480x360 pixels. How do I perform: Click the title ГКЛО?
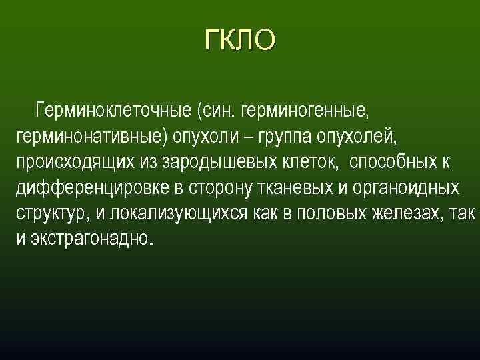tap(239, 40)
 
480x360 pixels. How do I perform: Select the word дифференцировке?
tap(91, 188)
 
